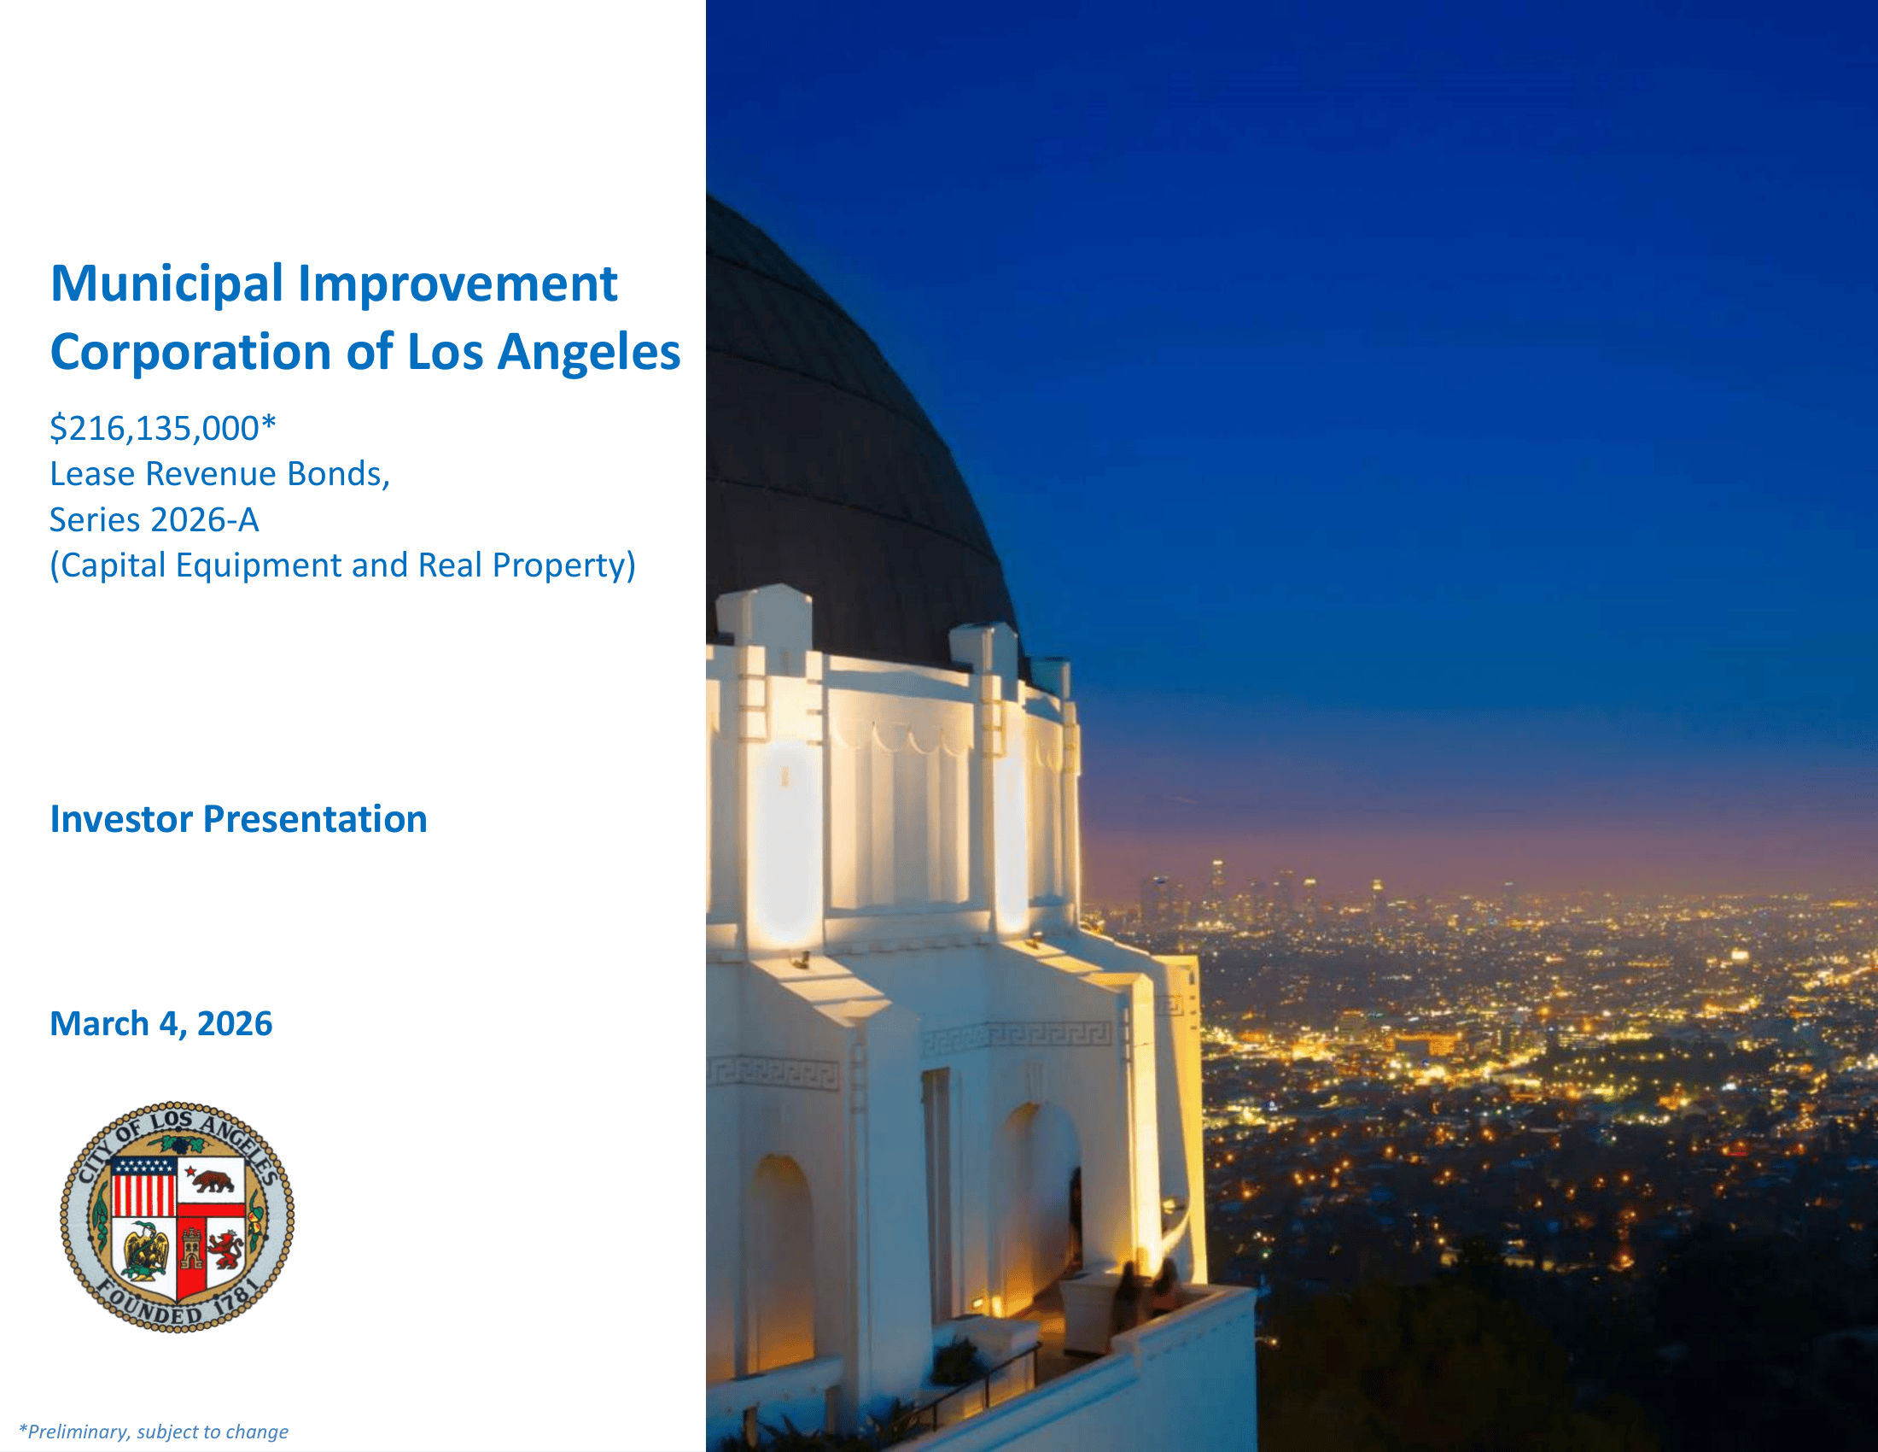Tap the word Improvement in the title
tap(458, 283)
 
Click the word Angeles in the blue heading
tap(589, 354)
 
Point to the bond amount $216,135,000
tap(155, 429)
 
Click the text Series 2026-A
tap(154, 519)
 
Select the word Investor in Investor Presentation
tap(121, 819)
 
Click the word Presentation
tap(315, 819)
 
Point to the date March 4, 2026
tap(160, 1023)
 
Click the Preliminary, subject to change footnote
tap(154, 1432)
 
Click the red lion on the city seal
tap(225, 1250)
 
